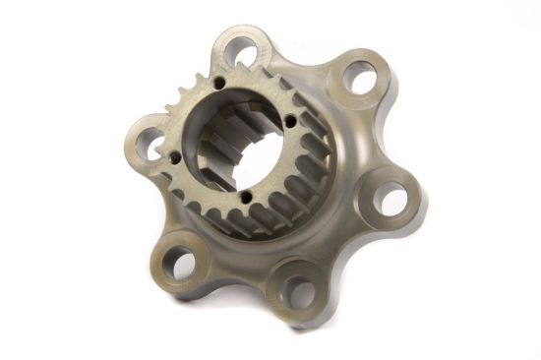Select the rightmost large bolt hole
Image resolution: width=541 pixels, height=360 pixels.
click(391, 200)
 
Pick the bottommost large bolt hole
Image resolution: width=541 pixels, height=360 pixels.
click(300, 289)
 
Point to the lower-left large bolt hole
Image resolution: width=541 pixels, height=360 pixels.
click(178, 261)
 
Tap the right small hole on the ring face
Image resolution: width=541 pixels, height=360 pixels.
click(292, 123)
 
